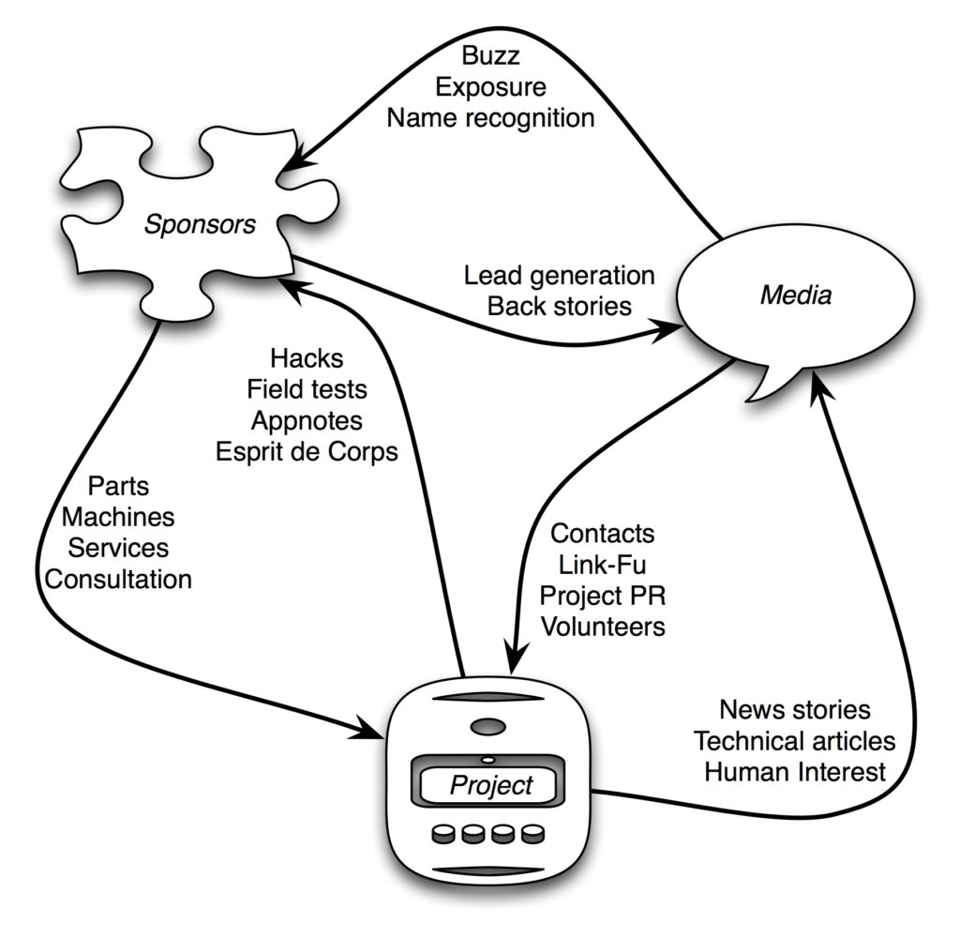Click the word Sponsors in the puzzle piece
200,225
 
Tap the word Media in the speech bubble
796,295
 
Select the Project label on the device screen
491,785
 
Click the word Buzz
490,55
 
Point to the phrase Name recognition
490,118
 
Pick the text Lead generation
559,276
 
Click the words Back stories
559,307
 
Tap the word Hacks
307,359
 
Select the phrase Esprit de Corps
307,452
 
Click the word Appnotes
307,421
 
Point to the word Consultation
118,580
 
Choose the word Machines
118,517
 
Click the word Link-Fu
603,565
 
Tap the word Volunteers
603,627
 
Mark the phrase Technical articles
795,741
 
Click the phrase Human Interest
795,772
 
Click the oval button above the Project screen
487,728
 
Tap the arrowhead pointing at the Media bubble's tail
818,389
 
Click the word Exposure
490,87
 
